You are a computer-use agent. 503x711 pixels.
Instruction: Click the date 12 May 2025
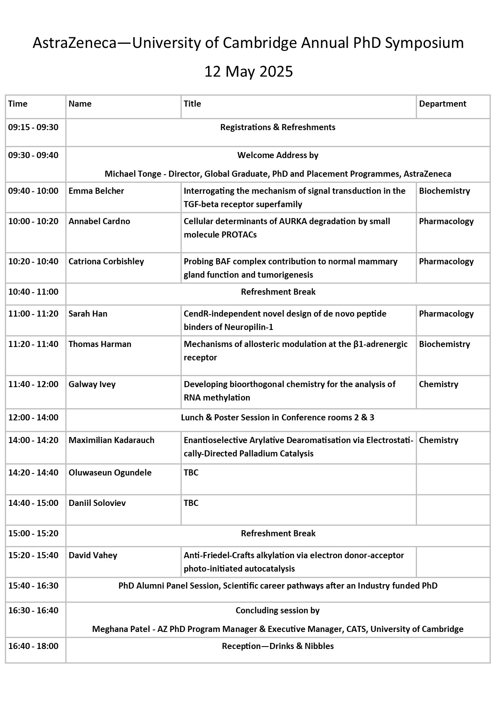(248, 72)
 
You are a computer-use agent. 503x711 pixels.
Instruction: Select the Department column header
(443, 104)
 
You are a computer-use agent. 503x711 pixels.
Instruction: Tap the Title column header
(192, 104)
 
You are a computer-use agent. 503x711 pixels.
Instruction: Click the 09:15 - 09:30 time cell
(33, 127)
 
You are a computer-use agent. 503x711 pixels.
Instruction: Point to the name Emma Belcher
(96, 191)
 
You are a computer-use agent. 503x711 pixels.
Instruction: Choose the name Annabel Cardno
(99, 221)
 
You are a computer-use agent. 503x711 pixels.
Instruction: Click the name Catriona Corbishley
(106, 261)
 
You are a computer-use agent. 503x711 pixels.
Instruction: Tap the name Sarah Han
(88, 314)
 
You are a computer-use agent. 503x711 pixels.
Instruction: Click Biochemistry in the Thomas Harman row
(444, 344)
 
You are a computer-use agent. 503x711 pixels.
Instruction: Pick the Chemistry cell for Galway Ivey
(439, 384)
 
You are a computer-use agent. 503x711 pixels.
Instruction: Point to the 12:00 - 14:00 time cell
(33, 418)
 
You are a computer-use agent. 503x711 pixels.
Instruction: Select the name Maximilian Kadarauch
(111, 440)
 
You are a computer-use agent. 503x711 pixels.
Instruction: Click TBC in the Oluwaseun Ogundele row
(191, 473)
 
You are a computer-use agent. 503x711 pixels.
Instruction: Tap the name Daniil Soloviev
(97, 503)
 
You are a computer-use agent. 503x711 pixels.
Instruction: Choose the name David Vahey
(92, 555)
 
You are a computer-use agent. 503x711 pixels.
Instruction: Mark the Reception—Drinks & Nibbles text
(277, 646)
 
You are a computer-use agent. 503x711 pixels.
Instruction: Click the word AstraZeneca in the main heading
(74, 43)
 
